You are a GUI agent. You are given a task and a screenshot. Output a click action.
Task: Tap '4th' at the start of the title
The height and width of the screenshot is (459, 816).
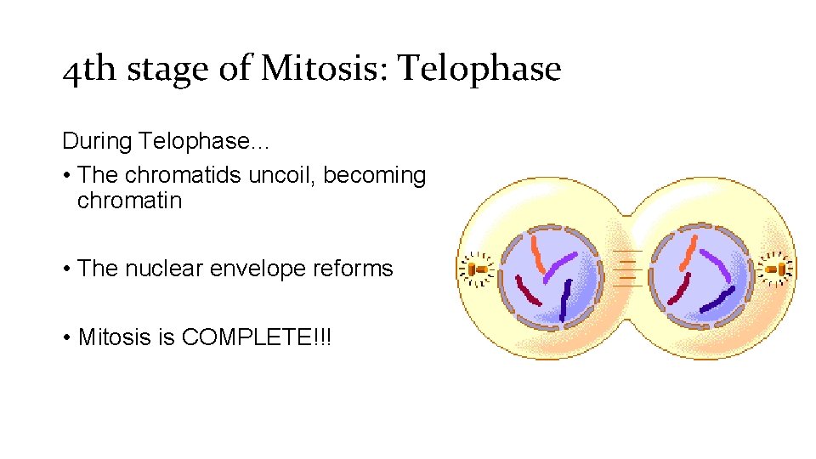[x=88, y=70]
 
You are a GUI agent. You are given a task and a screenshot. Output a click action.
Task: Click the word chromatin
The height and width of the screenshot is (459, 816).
[x=129, y=201]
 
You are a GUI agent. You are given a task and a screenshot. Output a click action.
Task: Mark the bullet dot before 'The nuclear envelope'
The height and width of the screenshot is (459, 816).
[x=66, y=269]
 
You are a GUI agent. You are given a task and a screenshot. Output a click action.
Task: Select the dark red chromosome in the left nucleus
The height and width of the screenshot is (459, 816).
[x=529, y=290]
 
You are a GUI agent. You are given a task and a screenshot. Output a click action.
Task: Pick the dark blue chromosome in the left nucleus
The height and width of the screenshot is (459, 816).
[x=564, y=301]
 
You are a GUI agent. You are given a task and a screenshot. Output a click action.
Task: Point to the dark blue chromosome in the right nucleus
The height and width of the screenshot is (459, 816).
[x=716, y=299]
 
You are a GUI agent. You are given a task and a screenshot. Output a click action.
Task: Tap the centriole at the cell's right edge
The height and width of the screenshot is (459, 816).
[x=776, y=269]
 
